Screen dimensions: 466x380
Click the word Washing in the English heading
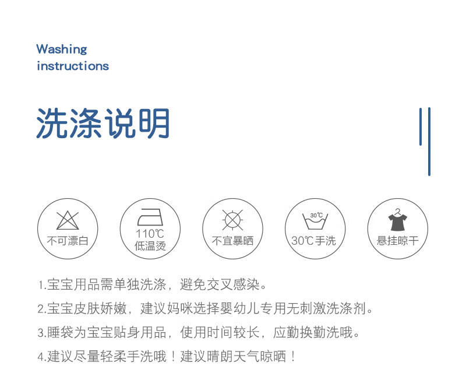coord(62,50)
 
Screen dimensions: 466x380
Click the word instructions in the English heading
coord(73,66)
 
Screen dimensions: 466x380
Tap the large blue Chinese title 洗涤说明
coord(103,123)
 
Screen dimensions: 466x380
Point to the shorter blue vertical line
coord(421,126)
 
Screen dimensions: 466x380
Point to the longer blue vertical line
coord(429,142)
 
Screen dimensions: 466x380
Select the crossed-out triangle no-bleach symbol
coord(68,220)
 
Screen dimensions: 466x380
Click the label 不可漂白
coord(68,241)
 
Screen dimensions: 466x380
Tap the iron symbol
coord(150,217)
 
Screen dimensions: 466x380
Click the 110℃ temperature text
coord(150,234)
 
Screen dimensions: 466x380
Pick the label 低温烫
coord(150,246)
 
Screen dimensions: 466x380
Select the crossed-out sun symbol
coord(232,220)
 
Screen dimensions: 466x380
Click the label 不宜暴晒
coord(232,241)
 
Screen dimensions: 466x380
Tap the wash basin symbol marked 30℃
coord(315,221)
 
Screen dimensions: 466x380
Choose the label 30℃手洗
coord(313,241)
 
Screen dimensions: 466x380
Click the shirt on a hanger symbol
coord(398,220)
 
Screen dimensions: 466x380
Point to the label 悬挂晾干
coord(398,241)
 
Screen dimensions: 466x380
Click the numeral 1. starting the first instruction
coord(42,285)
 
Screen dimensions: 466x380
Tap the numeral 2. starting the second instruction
coord(42,309)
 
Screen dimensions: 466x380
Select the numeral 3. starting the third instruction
coord(42,332)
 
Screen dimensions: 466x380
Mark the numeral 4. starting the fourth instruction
coord(42,356)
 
